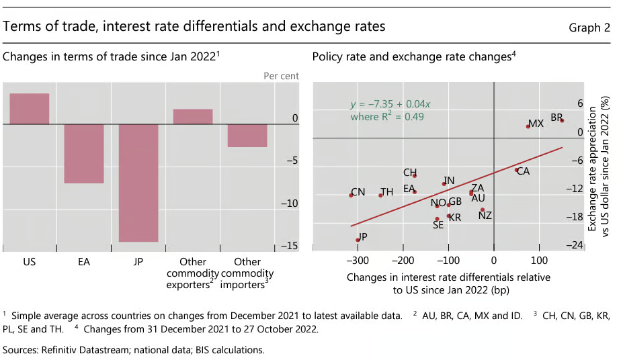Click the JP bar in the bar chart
pos(139,183)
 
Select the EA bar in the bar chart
pos(84,154)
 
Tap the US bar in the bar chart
pos(30,109)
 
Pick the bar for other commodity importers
pos(247,136)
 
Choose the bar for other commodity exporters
pos(193,117)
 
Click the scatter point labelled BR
pos(562,121)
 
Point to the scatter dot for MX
pos(528,126)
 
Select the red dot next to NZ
pos(483,210)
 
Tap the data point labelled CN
pos(351,195)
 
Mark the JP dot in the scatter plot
pos(357,240)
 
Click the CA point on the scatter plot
pos(516,170)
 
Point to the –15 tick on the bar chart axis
pos(290,246)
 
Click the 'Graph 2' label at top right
pos(589,28)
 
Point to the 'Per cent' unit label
pos(282,76)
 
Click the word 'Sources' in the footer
pos(21,350)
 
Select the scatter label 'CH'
pos(410,173)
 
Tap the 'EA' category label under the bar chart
pos(84,262)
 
